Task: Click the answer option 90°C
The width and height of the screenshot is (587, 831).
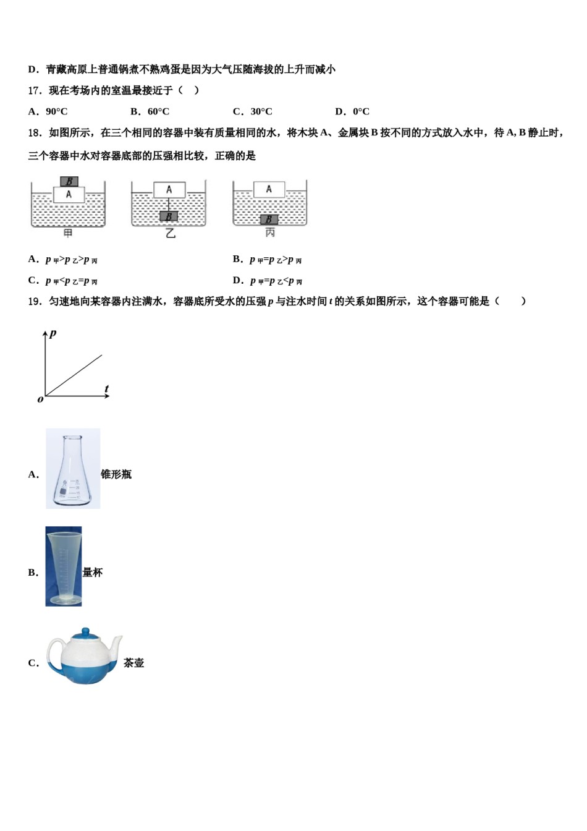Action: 56,112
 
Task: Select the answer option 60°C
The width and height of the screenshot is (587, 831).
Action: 158,112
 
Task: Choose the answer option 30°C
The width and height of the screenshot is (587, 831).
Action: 261,112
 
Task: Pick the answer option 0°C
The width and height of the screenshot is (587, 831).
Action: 361,112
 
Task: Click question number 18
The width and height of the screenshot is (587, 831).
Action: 35,133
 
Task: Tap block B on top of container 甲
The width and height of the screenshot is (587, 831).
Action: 69,182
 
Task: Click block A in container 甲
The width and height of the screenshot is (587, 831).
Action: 69,194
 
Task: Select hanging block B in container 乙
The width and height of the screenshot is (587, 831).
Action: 168,216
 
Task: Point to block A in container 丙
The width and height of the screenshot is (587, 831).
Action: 269,189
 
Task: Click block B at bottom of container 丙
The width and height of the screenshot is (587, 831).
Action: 269,219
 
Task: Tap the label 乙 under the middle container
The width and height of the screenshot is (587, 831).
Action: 170,234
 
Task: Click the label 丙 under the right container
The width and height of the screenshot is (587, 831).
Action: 270,233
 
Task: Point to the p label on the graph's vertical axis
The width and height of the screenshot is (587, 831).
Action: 53,333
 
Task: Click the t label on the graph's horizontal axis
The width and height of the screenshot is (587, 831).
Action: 106,389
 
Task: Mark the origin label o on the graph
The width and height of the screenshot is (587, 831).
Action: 40,399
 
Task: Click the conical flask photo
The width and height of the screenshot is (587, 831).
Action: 73,469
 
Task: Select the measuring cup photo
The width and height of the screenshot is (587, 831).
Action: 64,566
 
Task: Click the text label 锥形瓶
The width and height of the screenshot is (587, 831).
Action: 116,474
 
